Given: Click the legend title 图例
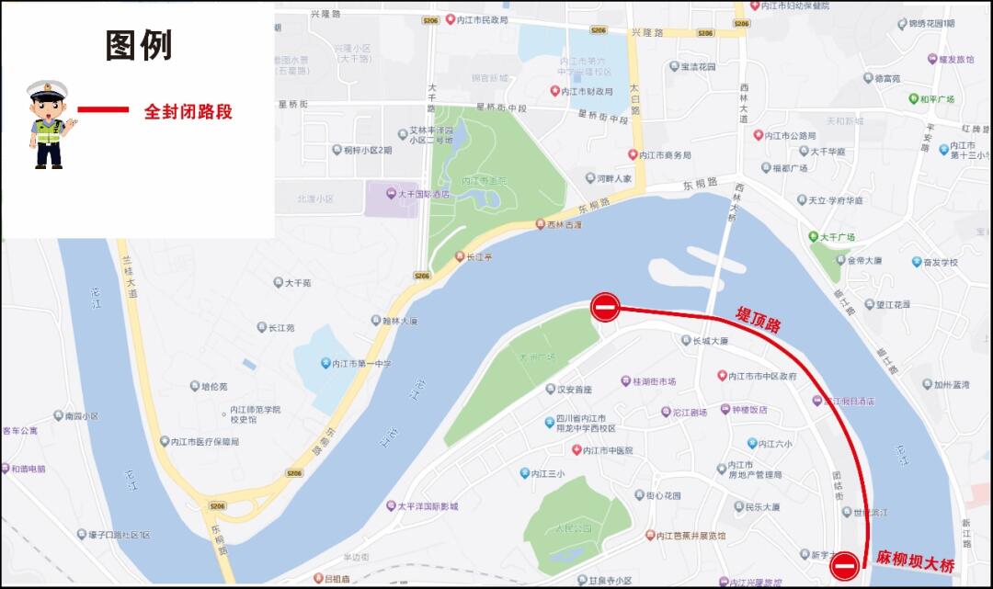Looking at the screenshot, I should (139, 45).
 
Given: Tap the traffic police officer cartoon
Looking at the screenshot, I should (49, 124).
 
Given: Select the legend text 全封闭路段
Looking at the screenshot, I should (188, 111).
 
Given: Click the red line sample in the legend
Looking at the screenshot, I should (103, 110).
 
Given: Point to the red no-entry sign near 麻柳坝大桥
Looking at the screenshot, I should (845, 565).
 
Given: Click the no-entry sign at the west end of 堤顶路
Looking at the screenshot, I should (605, 307).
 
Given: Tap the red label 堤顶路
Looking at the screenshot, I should (758, 319).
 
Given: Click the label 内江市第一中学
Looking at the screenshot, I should (361, 364).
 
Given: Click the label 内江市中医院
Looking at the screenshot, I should (609, 450).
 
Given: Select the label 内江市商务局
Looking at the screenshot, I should (665, 155).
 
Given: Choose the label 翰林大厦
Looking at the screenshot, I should (399, 321).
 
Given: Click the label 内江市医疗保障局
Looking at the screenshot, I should (204, 442).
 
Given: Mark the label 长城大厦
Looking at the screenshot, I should (711, 341).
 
